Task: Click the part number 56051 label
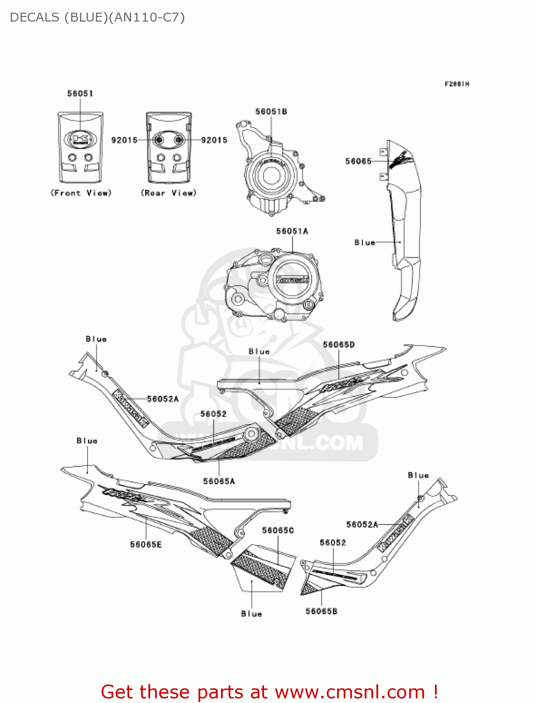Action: pyautogui.click(x=80, y=93)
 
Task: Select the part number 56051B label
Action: pyautogui.click(x=271, y=112)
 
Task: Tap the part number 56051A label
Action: pyautogui.click(x=292, y=231)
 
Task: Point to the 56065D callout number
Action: pyautogui.click(x=338, y=345)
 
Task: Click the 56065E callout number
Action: pyautogui.click(x=146, y=545)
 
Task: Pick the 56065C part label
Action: pyautogui.click(x=278, y=530)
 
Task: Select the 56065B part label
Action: pyautogui.click(x=321, y=611)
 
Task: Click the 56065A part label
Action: pyautogui.click(x=219, y=481)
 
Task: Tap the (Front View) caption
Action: pyautogui.click(x=81, y=193)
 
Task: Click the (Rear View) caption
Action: pyautogui.click(x=169, y=193)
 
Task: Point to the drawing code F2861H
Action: pyautogui.click(x=457, y=84)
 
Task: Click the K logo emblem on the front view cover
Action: pyautogui.click(x=80, y=139)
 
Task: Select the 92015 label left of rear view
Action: pyautogui.click(x=124, y=140)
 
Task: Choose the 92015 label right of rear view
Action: pyautogui.click(x=214, y=140)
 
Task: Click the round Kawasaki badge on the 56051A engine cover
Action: pyautogui.click(x=292, y=279)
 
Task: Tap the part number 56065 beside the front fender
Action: pyautogui.click(x=358, y=161)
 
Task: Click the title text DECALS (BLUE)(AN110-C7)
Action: pyautogui.click(x=97, y=17)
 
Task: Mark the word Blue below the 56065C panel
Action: pyautogui.click(x=251, y=614)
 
